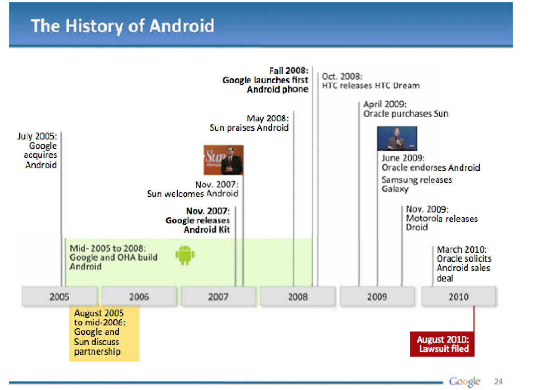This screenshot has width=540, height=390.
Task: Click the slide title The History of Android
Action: click(123, 26)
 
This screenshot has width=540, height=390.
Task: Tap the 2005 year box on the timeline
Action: click(60, 296)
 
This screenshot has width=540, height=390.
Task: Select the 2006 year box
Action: click(139, 296)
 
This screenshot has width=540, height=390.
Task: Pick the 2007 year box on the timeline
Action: click(219, 296)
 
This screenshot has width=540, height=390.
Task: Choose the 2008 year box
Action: click(298, 296)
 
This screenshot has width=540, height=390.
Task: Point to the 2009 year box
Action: click(377, 296)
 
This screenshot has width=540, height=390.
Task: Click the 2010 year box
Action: click(459, 296)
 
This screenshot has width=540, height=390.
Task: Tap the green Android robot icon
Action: click(185, 255)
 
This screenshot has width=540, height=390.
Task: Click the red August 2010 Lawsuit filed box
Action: click(442, 344)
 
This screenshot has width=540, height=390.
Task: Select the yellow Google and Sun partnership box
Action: click(105, 334)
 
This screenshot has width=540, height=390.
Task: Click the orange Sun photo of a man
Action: click(223, 160)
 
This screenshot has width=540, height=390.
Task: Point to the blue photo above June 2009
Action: click(397, 139)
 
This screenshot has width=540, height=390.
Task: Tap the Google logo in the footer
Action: click(464, 381)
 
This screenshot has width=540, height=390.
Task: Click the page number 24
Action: click(498, 381)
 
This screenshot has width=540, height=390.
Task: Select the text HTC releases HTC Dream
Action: click(370, 86)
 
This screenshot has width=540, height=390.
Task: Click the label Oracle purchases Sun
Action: click(406, 114)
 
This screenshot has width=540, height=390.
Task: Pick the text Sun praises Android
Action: click(249, 127)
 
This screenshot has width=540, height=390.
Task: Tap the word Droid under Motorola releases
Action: click(417, 227)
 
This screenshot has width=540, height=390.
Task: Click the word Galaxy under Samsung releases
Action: click(395, 189)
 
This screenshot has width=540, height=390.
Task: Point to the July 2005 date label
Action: click(37, 136)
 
